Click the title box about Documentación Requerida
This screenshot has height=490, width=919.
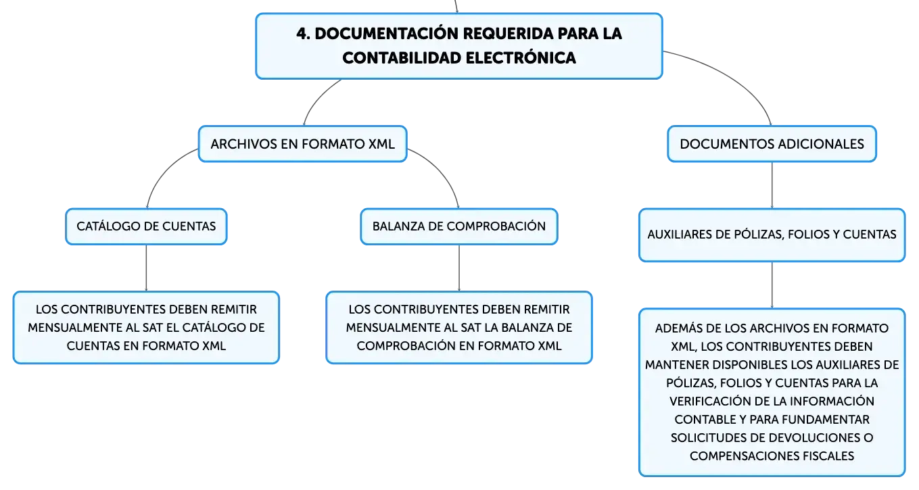pos(459,46)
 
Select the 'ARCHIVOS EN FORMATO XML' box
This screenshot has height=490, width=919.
pos(303,144)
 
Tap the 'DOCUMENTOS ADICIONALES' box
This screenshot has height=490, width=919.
pos(772,144)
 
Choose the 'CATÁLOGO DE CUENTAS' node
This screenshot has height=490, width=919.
pos(146,226)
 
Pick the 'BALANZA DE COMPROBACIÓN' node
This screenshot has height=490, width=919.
pos(459,226)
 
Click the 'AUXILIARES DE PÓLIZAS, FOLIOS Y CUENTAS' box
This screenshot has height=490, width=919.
pos(772,235)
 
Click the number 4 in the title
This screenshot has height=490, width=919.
pos(302,34)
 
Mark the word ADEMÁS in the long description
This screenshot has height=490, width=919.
pos(678,328)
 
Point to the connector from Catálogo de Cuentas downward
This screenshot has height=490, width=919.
pos(146,268)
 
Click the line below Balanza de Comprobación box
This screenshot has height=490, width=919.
pos(459,268)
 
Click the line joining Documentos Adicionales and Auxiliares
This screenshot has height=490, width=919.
pos(772,185)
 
